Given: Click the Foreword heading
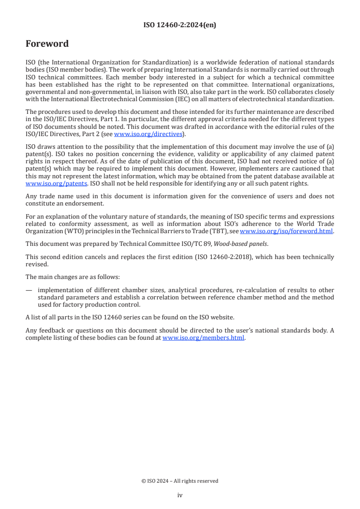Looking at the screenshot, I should tap(47, 44).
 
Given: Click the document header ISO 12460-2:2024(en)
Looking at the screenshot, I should tap(180, 25).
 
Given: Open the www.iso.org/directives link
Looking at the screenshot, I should tap(148, 134).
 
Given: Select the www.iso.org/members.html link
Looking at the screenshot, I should tap(203, 338).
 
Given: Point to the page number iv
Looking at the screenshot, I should tap(180, 495).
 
